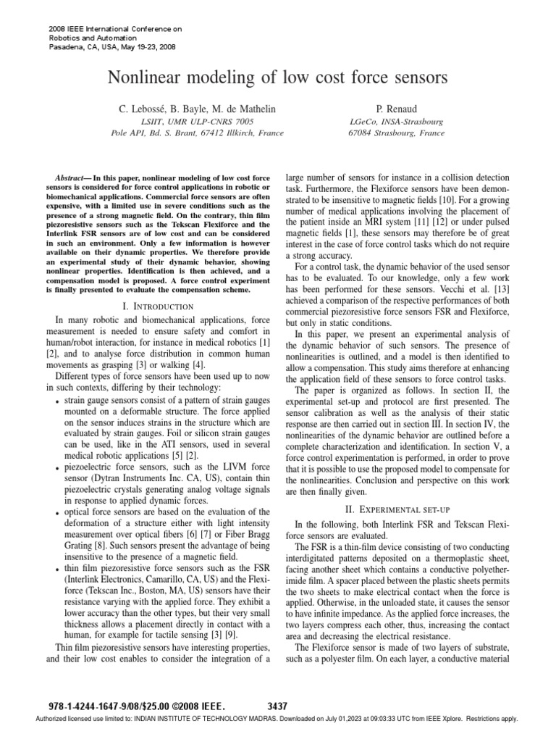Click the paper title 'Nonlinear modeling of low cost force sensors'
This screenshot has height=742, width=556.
[278, 78]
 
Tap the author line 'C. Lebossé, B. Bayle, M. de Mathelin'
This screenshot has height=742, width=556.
[197, 108]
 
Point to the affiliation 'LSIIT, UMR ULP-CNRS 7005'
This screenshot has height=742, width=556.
[197, 122]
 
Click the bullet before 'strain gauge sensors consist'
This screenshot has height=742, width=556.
[58, 401]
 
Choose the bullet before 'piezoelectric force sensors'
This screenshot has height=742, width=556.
[58, 469]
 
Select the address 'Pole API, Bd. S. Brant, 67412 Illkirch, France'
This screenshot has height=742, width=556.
[197, 133]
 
